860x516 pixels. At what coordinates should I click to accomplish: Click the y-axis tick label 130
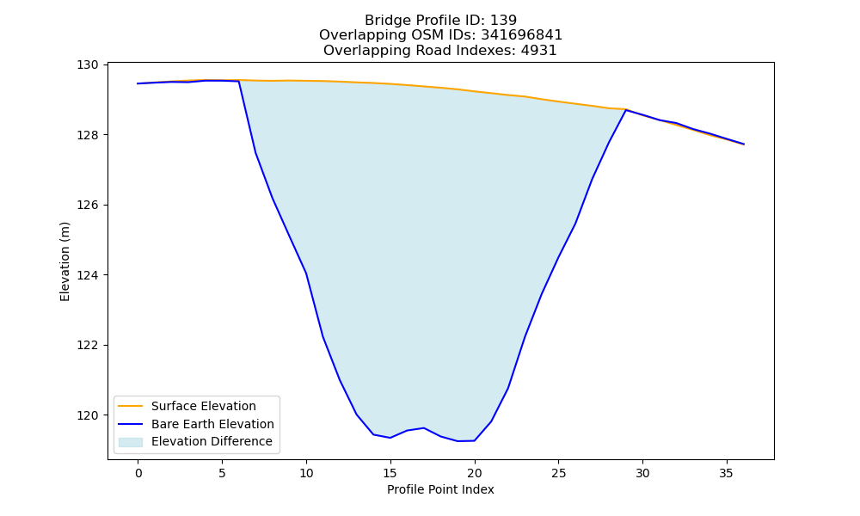point(88,64)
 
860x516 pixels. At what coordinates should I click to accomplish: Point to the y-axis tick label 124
point(88,274)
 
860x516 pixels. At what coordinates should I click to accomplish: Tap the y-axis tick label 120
point(88,415)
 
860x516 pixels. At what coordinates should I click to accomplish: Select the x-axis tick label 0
point(138,473)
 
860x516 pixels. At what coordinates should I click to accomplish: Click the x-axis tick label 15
point(390,473)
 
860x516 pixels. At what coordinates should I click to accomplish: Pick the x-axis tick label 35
point(726,473)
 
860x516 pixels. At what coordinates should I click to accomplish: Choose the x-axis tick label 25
point(558,473)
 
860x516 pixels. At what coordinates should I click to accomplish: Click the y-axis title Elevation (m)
point(64,261)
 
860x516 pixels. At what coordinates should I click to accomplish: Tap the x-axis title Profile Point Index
point(440,489)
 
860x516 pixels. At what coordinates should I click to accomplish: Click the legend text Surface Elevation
point(204,406)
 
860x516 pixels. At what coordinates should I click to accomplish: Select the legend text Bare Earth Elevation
point(212,424)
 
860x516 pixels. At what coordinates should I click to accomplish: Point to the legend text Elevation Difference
point(212,441)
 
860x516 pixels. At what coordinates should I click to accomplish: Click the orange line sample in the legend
point(131,406)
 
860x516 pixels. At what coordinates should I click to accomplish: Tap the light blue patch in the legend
point(131,442)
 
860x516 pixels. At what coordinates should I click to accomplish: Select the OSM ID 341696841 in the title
point(522,35)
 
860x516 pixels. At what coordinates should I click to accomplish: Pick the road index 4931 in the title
point(538,51)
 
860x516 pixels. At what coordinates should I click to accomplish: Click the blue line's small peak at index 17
point(423,427)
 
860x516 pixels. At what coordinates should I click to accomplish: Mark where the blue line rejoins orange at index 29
point(625,110)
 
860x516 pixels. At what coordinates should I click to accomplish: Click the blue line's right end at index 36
point(744,144)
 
